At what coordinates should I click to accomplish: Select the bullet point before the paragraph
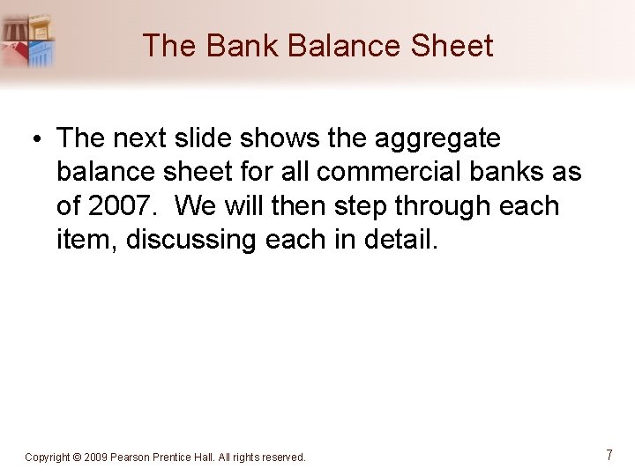coord(41,139)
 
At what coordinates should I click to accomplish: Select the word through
coord(447,205)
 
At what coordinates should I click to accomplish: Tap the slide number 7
coord(609,456)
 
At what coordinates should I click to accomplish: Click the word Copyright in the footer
coord(49,457)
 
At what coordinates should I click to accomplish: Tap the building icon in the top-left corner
coord(28,41)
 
